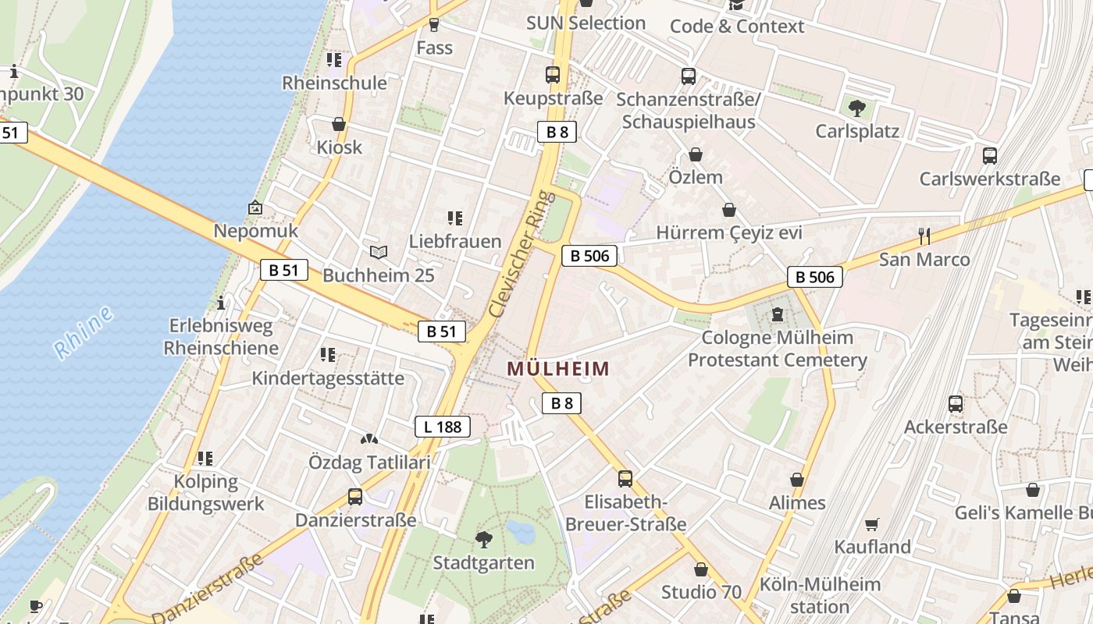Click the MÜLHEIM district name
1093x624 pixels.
click(x=558, y=368)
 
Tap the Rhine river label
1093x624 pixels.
click(x=84, y=333)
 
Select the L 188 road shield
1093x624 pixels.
click(x=443, y=427)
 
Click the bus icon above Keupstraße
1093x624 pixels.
click(x=553, y=75)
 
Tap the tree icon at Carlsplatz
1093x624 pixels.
click(x=857, y=108)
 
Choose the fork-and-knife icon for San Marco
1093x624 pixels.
click(x=924, y=236)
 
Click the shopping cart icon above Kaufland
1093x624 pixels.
click(x=872, y=524)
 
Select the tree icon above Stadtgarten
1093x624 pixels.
click(x=484, y=539)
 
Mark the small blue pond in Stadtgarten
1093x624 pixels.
click(x=521, y=531)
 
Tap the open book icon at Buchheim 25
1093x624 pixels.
click(x=379, y=252)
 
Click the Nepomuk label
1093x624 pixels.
click(x=256, y=231)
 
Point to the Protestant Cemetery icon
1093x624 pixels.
click(x=777, y=315)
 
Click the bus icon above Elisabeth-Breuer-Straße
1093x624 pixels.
click(x=625, y=479)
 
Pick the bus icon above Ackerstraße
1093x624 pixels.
click(x=956, y=404)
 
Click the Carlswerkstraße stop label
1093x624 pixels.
click(x=990, y=179)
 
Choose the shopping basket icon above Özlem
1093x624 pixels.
click(x=695, y=154)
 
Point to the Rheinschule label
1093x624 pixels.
click(x=334, y=83)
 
